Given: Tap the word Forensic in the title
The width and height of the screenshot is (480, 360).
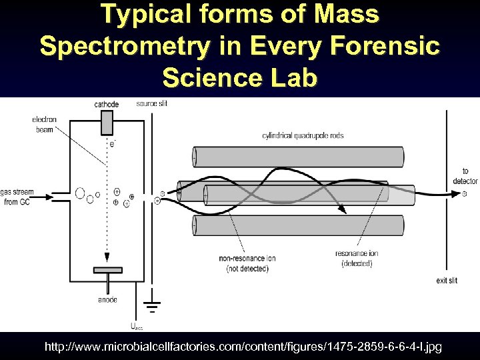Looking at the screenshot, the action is [x=383, y=47].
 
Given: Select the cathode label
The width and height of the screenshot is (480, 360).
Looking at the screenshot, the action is [x=107, y=105].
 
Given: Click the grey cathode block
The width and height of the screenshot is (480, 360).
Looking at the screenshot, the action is [x=107, y=123].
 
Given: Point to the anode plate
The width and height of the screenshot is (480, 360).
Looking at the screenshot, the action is [x=107, y=270].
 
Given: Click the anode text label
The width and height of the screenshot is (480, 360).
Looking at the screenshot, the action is [x=107, y=299].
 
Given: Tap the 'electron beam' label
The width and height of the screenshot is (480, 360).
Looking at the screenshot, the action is [x=44, y=125].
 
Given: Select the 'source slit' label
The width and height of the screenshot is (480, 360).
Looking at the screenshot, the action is [x=152, y=103].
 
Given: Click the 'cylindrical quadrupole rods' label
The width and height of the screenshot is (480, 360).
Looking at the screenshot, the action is [x=303, y=136].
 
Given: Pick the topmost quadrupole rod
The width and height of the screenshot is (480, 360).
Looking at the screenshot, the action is [x=298, y=157].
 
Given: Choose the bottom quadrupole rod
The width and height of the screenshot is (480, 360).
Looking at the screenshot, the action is [x=298, y=225].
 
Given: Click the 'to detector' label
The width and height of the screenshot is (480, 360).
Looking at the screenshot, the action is [x=465, y=177].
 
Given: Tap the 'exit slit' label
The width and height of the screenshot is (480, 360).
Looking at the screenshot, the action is [x=447, y=281].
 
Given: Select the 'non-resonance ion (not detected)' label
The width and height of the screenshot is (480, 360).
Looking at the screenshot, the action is [x=247, y=263].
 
